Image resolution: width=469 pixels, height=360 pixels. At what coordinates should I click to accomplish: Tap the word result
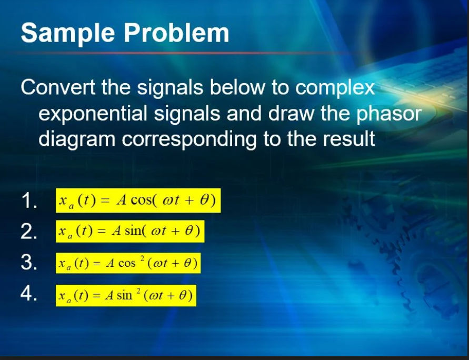click(x=349, y=139)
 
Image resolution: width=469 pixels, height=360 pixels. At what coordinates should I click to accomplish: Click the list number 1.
click(x=28, y=202)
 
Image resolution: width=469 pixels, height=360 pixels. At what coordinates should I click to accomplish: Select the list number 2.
click(x=28, y=232)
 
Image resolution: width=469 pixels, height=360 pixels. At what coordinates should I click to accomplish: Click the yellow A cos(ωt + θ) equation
click(x=138, y=202)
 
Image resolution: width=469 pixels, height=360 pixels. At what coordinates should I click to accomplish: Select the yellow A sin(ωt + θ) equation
click(x=129, y=232)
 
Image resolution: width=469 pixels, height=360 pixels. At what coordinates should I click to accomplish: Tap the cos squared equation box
click(x=128, y=263)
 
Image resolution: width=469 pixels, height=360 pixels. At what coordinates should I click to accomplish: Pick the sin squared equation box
click(x=126, y=295)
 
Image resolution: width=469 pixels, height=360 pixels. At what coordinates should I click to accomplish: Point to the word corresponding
click(x=208, y=139)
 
